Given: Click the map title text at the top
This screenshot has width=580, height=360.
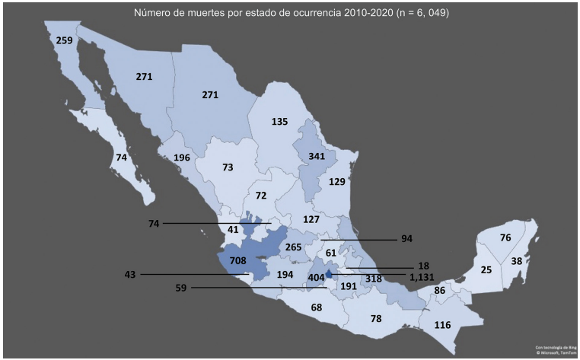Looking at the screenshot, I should (x=290, y=12).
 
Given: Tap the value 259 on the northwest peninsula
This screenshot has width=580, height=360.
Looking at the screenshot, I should (x=64, y=40).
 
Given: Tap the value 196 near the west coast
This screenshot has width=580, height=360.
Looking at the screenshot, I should (x=181, y=158).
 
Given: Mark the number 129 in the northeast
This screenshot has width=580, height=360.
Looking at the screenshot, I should (x=337, y=182).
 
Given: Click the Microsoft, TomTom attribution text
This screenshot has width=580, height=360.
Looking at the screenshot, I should (x=556, y=352).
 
